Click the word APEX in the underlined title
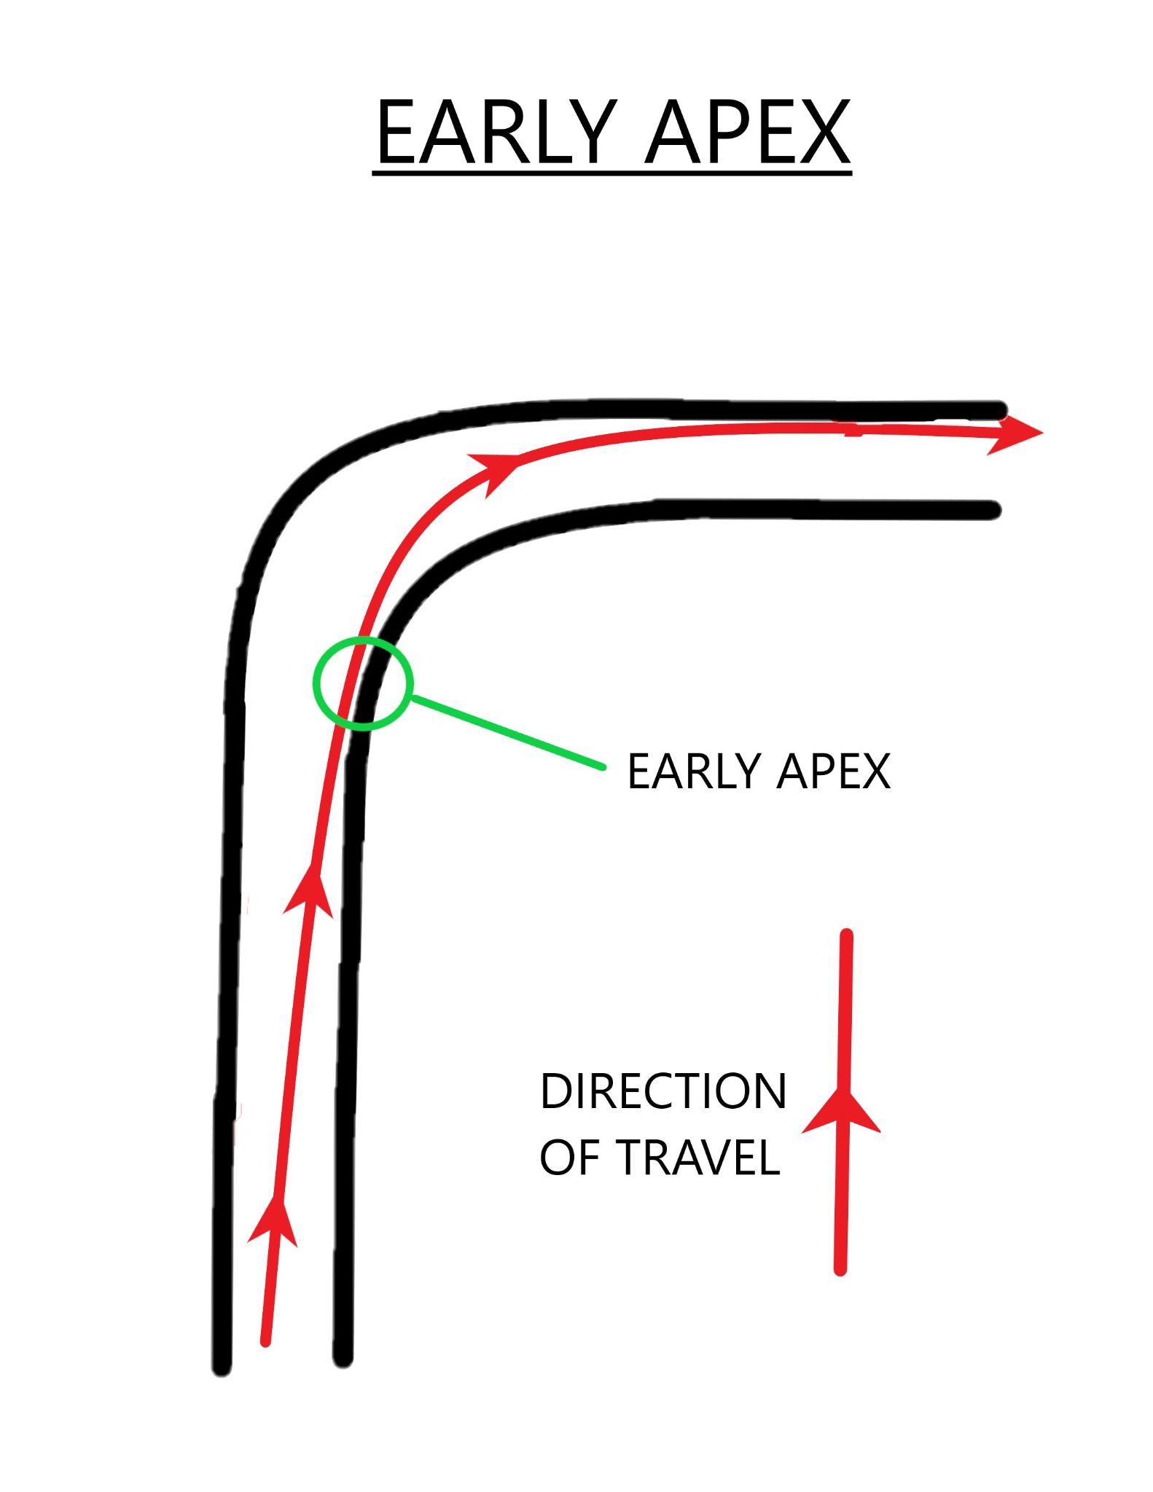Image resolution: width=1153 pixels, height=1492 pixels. pyautogui.click(x=748, y=133)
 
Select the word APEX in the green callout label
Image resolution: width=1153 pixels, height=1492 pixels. pyautogui.click(x=833, y=771)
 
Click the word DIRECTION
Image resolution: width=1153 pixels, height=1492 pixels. pyautogui.click(x=663, y=1091)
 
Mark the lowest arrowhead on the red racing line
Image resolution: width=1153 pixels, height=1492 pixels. pyautogui.click(x=274, y=1221)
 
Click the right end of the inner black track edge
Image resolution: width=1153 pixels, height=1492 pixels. pyautogui.click(x=993, y=510)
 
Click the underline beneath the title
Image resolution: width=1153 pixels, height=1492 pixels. pyautogui.click(x=611, y=173)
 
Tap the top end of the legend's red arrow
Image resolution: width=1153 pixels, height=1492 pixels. pyautogui.click(x=846, y=936)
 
